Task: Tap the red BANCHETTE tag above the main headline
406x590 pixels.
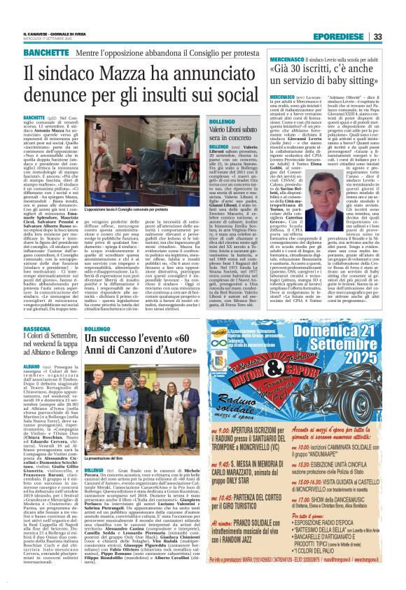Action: click(45, 53)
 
